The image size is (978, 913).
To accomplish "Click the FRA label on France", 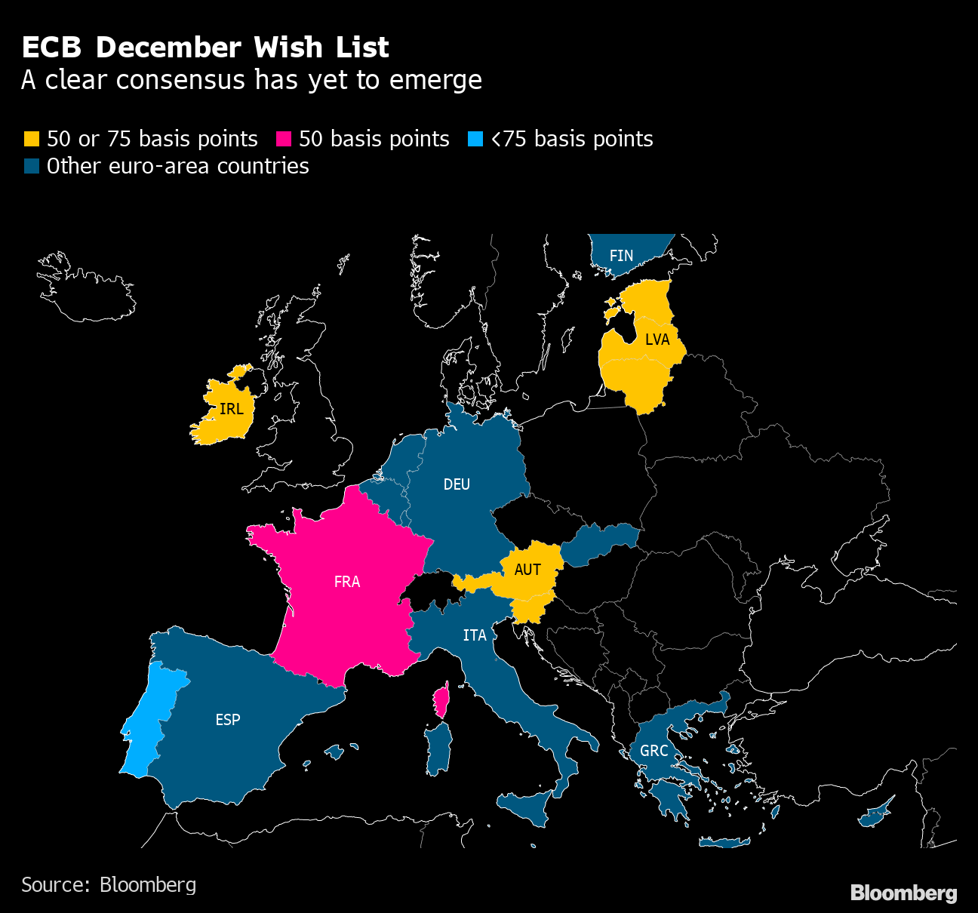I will click(x=347, y=582).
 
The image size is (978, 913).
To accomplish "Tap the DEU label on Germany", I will click(x=457, y=484).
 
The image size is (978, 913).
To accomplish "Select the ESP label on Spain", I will click(x=228, y=720).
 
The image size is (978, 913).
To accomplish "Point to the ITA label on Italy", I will click(x=475, y=635).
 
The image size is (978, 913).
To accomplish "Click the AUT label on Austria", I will click(x=527, y=570).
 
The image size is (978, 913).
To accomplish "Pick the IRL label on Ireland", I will click(x=231, y=409).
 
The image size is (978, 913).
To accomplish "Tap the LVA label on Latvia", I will click(x=657, y=340).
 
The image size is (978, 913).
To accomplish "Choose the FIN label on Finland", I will click(x=621, y=256).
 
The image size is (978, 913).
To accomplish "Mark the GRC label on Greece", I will click(x=654, y=751).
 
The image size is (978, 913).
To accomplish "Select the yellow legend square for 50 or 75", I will click(x=31, y=140).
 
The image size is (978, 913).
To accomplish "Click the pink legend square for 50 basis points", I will click(x=284, y=140).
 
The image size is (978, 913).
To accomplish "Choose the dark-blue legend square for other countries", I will click(x=31, y=167).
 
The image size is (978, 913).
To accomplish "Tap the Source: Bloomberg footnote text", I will click(x=109, y=884).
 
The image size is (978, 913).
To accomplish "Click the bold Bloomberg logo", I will click(x=903, y=893).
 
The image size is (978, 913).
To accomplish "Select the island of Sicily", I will click(x=528, y=809).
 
